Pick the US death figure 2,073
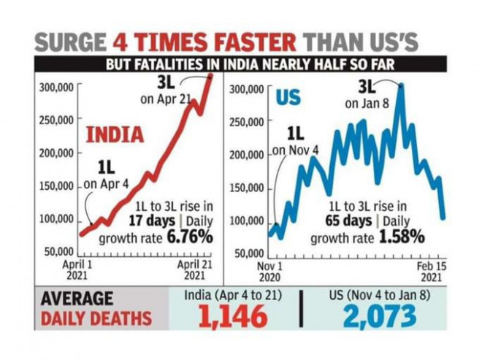[380, 315]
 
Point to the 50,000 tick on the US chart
[248, 253]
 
